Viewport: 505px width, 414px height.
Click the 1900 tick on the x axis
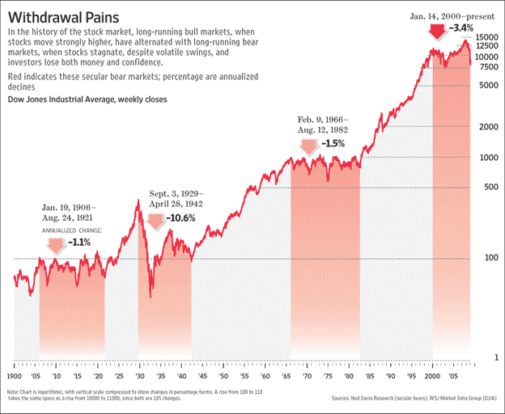pos(15,377)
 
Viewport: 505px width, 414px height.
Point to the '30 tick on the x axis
pos(140,377)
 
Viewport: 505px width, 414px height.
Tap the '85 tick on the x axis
pos(369,377)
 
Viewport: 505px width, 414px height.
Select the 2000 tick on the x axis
pos(433,377)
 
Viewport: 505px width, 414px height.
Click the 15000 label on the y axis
pos(486,37)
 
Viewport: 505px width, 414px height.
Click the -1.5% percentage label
pos(333,144)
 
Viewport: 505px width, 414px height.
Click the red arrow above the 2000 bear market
pos(437,31)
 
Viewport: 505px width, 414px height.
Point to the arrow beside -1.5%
pos(308,146)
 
